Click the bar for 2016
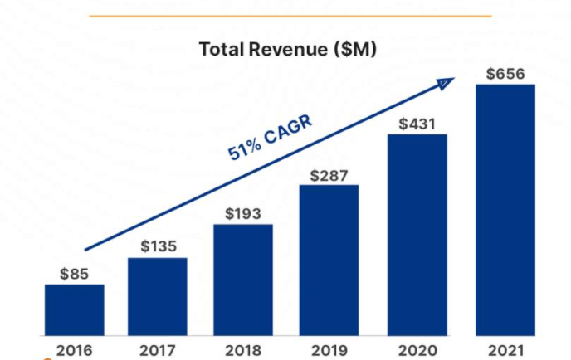(75, 309)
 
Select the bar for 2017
(158, 296)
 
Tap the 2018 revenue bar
(243, 280)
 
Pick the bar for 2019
(329, 260)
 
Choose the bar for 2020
(417, 234)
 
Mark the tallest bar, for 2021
(505, 209)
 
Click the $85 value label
(75, 273)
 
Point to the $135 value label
(158, 246)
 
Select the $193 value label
(243, 213)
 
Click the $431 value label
(417, 124)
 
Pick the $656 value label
(505, 74)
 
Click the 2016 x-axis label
(75, 349)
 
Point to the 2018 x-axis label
(243, 349)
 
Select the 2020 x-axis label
(417, 349)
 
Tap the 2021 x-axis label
(505, 349)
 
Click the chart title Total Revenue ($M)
(288, 49)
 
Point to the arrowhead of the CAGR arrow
(448, 81)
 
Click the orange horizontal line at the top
(290, 16)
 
